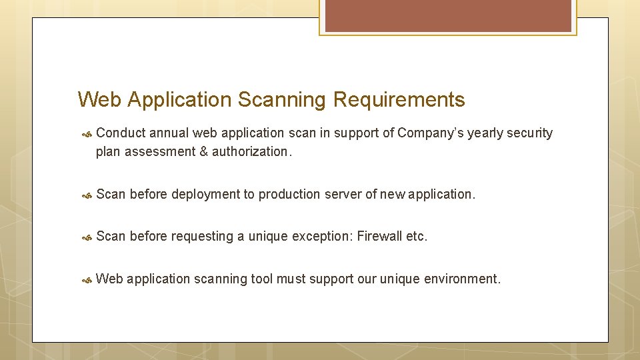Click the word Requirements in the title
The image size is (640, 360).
click(399, 100)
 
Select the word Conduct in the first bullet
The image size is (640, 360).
click(120, 133)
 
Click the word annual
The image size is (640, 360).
click(169, 133)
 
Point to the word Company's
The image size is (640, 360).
click(431, 133)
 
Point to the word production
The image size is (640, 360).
click(289, 195)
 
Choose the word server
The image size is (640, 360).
click(343, 195)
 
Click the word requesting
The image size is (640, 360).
click(202, 237)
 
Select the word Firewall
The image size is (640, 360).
click(380, 237)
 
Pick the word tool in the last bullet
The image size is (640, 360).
click(261, 279)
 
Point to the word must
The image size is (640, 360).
click(291, 279)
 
